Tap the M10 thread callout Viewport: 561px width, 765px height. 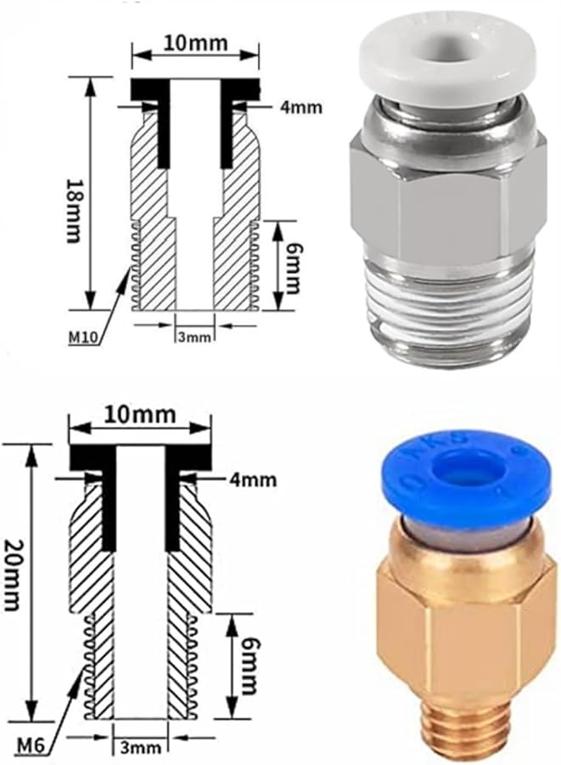pos(84,338)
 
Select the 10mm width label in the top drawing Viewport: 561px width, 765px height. pos(194,41)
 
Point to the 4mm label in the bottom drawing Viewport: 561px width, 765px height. pos(253,479)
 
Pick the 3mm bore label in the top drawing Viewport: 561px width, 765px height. pos(194,337)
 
